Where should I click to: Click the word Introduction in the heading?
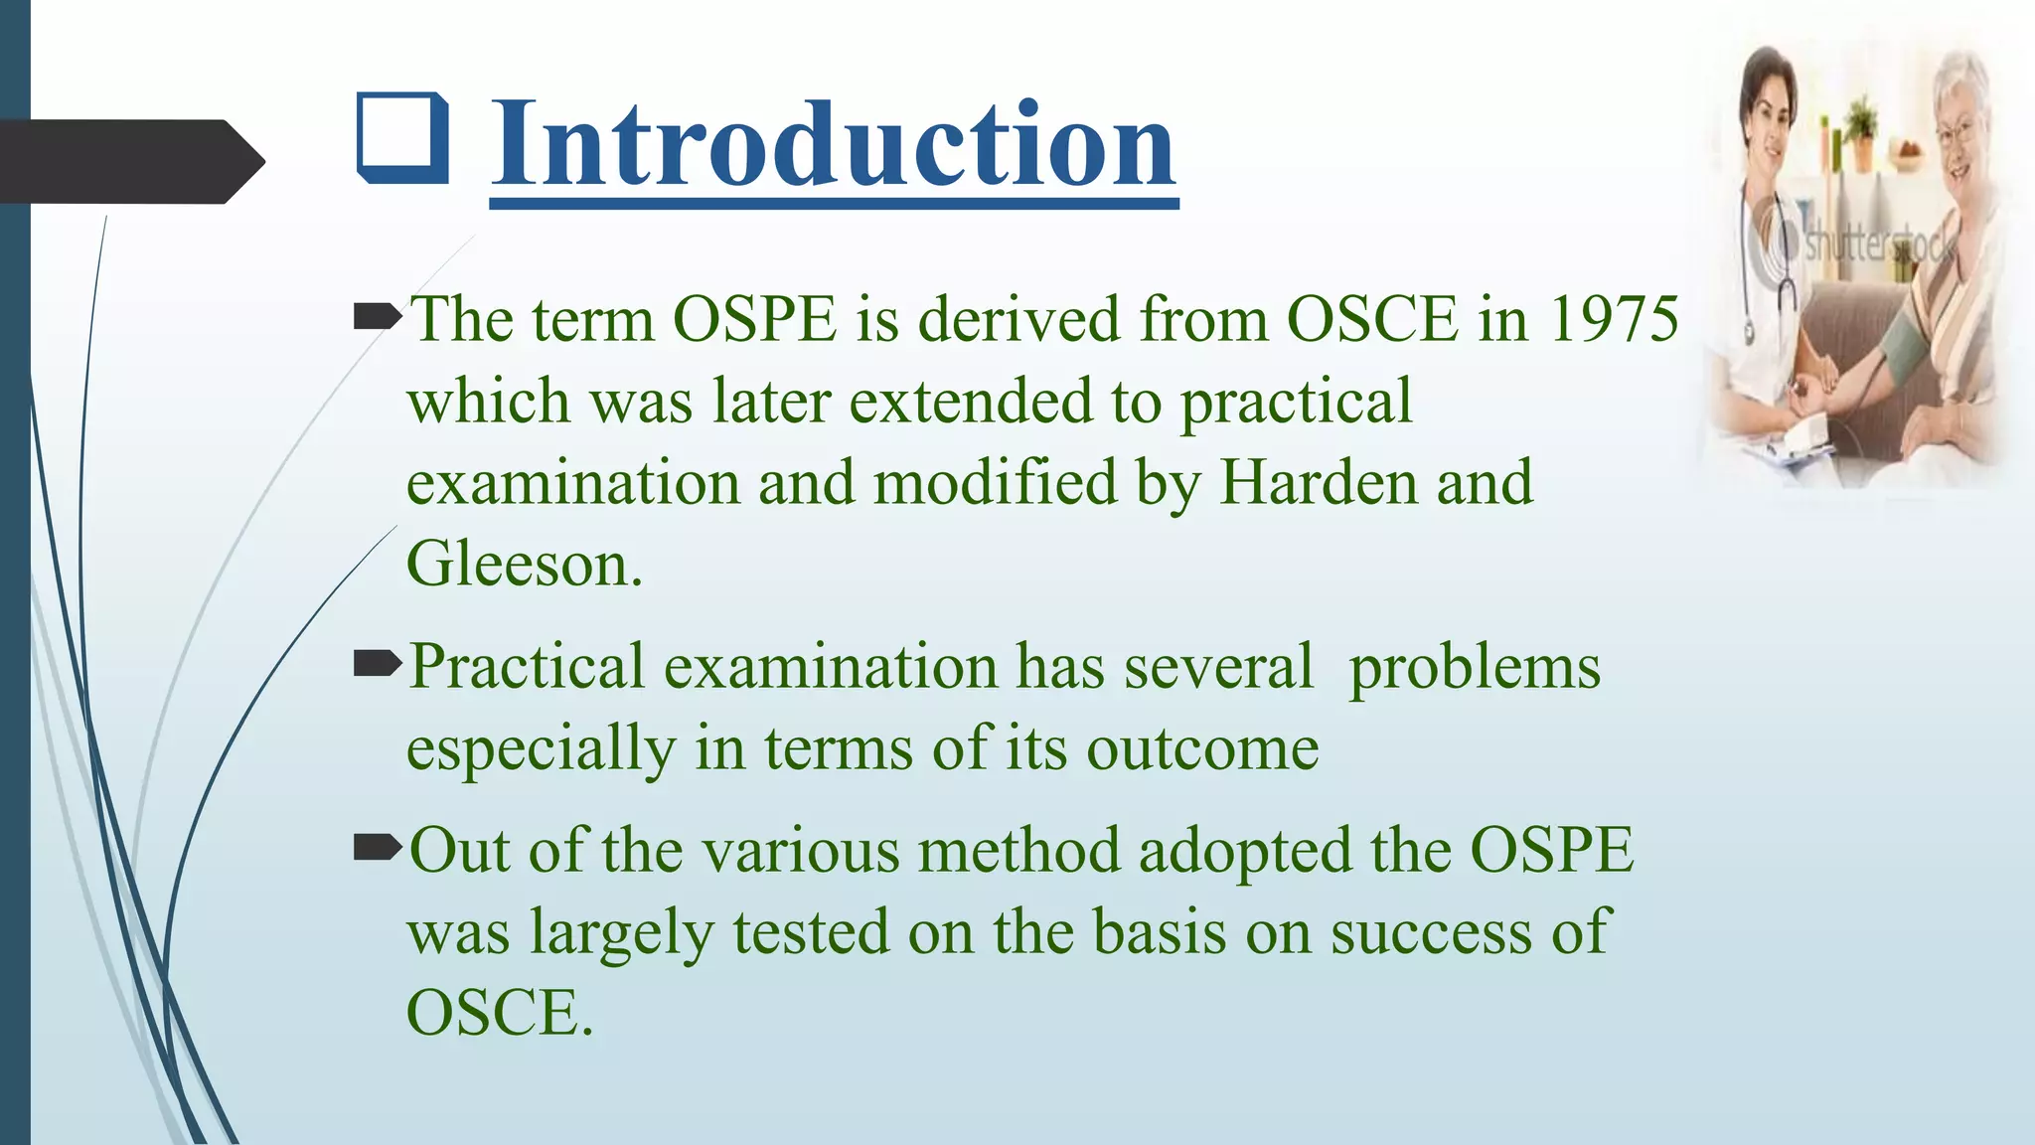point(833,145)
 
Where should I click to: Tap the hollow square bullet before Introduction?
point(402,138)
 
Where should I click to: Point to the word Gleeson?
point(523,565)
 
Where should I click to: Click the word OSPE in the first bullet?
point(755,320)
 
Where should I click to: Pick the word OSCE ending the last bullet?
point(498,1014)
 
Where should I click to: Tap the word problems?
point(1474,667)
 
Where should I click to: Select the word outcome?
point(1202,748)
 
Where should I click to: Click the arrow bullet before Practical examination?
point(378,664)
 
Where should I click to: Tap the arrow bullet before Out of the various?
point(378,848)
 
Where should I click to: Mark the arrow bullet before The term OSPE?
point(378,318)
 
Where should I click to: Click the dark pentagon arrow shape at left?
point(129,161)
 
